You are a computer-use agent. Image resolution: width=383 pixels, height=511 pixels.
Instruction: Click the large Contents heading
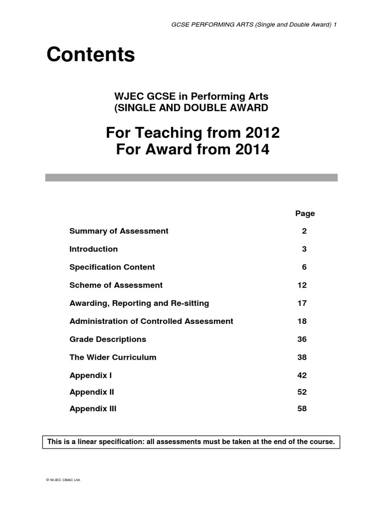click(91, 55)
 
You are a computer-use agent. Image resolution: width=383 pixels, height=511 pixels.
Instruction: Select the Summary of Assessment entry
click(119, 231)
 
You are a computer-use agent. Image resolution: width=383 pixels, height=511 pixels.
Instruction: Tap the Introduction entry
click(94, 249)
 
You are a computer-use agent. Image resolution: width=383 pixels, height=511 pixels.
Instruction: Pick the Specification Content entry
click(112, 267)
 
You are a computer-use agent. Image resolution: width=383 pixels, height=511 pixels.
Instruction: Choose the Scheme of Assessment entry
click(116, 285)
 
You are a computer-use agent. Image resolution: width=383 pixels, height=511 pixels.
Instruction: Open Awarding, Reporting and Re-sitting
click(139, 303)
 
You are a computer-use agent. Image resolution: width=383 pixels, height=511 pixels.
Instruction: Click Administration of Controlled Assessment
click(151, 321)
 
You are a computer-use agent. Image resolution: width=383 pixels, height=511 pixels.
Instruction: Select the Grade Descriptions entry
click(108, 339)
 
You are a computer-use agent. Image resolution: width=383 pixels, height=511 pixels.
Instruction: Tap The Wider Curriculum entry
click(113, 357)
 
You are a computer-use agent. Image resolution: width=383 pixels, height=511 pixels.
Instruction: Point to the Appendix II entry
click(92, 392)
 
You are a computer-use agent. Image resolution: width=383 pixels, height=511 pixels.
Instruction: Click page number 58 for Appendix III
click(302, 409)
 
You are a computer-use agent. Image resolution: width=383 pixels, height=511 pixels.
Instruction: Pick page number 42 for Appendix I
click(302, 375)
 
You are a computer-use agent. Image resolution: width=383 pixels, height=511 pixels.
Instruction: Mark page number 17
click(302, 303)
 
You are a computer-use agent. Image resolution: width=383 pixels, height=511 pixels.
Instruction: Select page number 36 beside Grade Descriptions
click(302, 339)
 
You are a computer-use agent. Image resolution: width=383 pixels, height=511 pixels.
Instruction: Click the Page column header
click(305, 213)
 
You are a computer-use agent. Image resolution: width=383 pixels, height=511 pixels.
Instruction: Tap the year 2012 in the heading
click(259, 133)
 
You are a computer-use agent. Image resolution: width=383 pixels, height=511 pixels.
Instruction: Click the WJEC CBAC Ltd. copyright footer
click(63, 480)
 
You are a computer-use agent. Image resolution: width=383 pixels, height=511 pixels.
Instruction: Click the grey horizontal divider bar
click(191, 177)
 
